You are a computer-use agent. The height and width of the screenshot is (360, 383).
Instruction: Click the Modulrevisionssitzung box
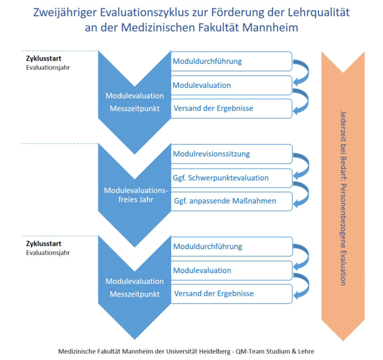[232, 154]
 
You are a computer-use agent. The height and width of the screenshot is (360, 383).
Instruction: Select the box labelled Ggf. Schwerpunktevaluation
[232, 178]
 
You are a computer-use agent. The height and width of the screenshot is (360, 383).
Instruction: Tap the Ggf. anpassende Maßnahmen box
[232, 201]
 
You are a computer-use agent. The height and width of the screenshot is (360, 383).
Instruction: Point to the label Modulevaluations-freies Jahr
[136, 195]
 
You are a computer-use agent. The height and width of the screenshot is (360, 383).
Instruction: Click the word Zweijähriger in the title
[64, 13]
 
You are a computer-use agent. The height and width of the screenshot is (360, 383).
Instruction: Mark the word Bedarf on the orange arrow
[343, 168]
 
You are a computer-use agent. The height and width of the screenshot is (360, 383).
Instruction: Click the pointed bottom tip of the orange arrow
[343, 341]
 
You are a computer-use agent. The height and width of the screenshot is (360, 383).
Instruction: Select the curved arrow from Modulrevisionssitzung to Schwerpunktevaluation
[304, 165]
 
